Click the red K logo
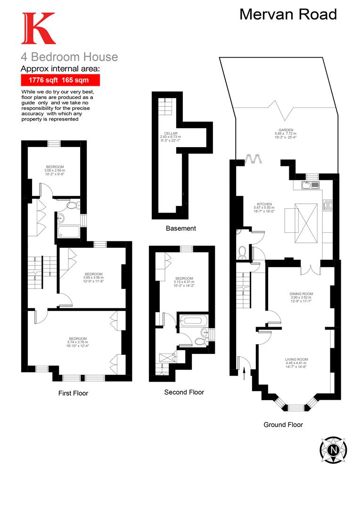[x=38, y=29]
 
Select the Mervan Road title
[x=288, y=14]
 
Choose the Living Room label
[x=296, y=363]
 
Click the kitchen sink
[x=311, y=184]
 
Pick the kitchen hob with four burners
[x=327, y=205]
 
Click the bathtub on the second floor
[x=193, y=321]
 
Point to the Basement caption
[x=180, y=229]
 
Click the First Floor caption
[x=73, y=393]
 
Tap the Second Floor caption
[x=184, y=392]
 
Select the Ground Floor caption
[x=283, y=425]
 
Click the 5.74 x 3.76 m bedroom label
[x=78, y=342]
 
